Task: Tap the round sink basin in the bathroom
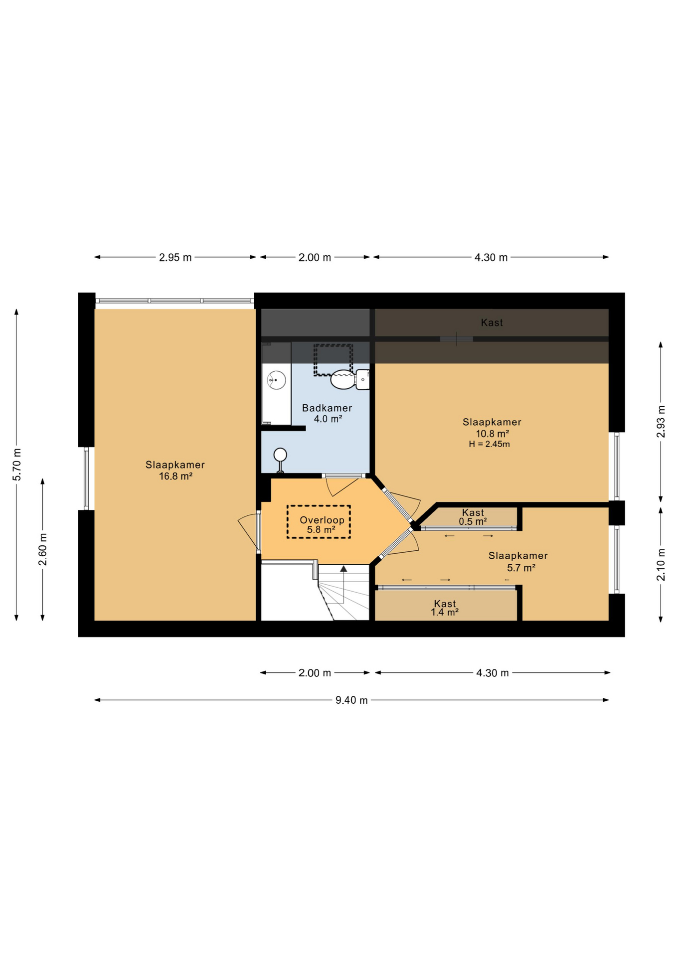coord(276,380)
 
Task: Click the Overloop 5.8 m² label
coord(322,525)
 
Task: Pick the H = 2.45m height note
coord(489,444)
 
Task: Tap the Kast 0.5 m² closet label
coord(473,517)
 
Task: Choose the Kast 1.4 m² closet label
coord(445,608)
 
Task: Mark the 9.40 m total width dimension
coord(351,700)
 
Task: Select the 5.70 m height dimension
coord(17,465)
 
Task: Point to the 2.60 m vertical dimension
coord(43,549)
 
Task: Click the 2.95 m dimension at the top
coord(175,258)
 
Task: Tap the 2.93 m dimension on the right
coord(661,422)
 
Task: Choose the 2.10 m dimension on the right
coord(661,564)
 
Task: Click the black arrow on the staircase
coord(343,569)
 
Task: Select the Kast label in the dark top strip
coord(492,323)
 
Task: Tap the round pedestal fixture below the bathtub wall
coord(280,455)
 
